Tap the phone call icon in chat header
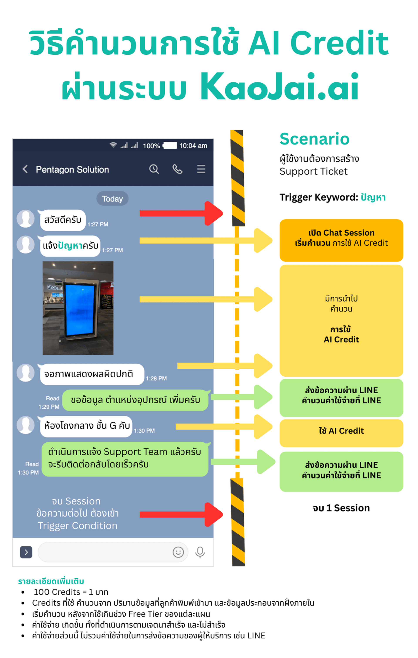[x=177, y=169]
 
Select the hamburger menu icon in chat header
[x=201, y=169]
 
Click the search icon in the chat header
[x=154, y=169]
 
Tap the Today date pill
[x=112, y=199]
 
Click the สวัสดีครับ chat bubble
[x=63, y=220]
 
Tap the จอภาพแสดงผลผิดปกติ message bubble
[x=92, y=374]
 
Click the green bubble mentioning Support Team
[x=125, y=459]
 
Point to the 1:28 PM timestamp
[x=156, y=378]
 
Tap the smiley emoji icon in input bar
[x=178, y=552]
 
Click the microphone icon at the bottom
[x=200, y=552]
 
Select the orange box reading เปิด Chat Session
[x=341, y=240]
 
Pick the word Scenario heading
[x=314, y=139]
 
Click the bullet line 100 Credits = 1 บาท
[x=71, y=592]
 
